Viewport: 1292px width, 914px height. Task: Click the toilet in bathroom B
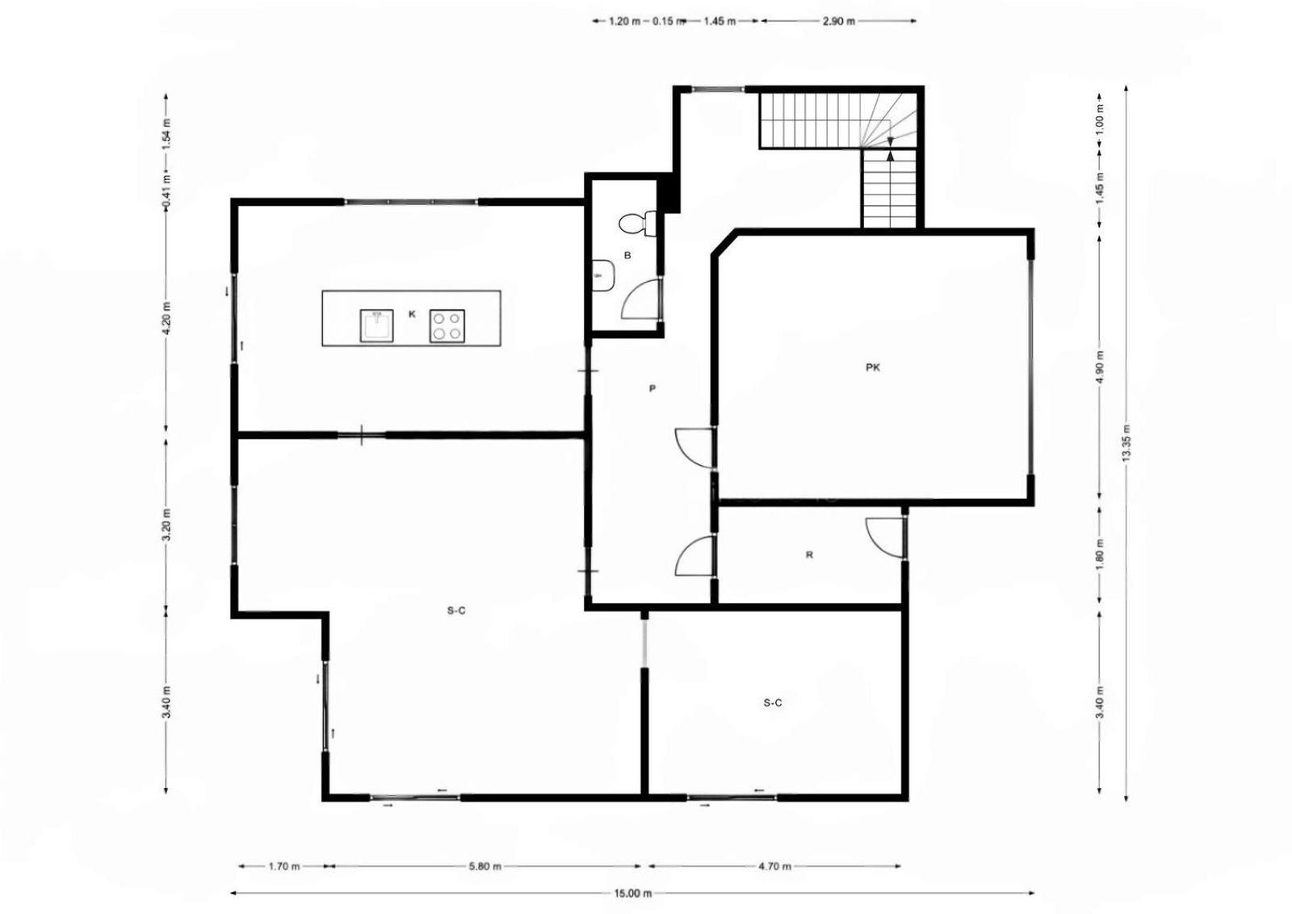tap(637, 223)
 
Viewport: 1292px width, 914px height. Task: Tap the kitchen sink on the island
tap(376, 326)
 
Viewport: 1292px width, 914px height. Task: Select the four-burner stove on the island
tap(447, 326)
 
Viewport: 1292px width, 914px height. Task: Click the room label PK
tap(873, 367)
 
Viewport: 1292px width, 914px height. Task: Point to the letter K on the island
tap(412, 314)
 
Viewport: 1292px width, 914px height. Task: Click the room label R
tap(809, 555)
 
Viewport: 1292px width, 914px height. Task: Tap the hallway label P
tap(652, 388)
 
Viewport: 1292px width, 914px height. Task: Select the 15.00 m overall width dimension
tap(632, 893)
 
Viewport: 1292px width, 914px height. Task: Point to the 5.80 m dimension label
tap(485, 866)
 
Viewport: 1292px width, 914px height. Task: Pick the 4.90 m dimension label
tap(1100, 369)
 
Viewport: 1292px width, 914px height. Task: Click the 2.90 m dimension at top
tap(838, 21)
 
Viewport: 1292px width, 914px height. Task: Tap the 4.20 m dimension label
tap(166, 318)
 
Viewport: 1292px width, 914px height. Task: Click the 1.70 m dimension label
tap(283, 866)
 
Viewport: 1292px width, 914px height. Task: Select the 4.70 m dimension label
tap(774, 866)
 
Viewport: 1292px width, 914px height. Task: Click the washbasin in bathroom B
tap(602, 275)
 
